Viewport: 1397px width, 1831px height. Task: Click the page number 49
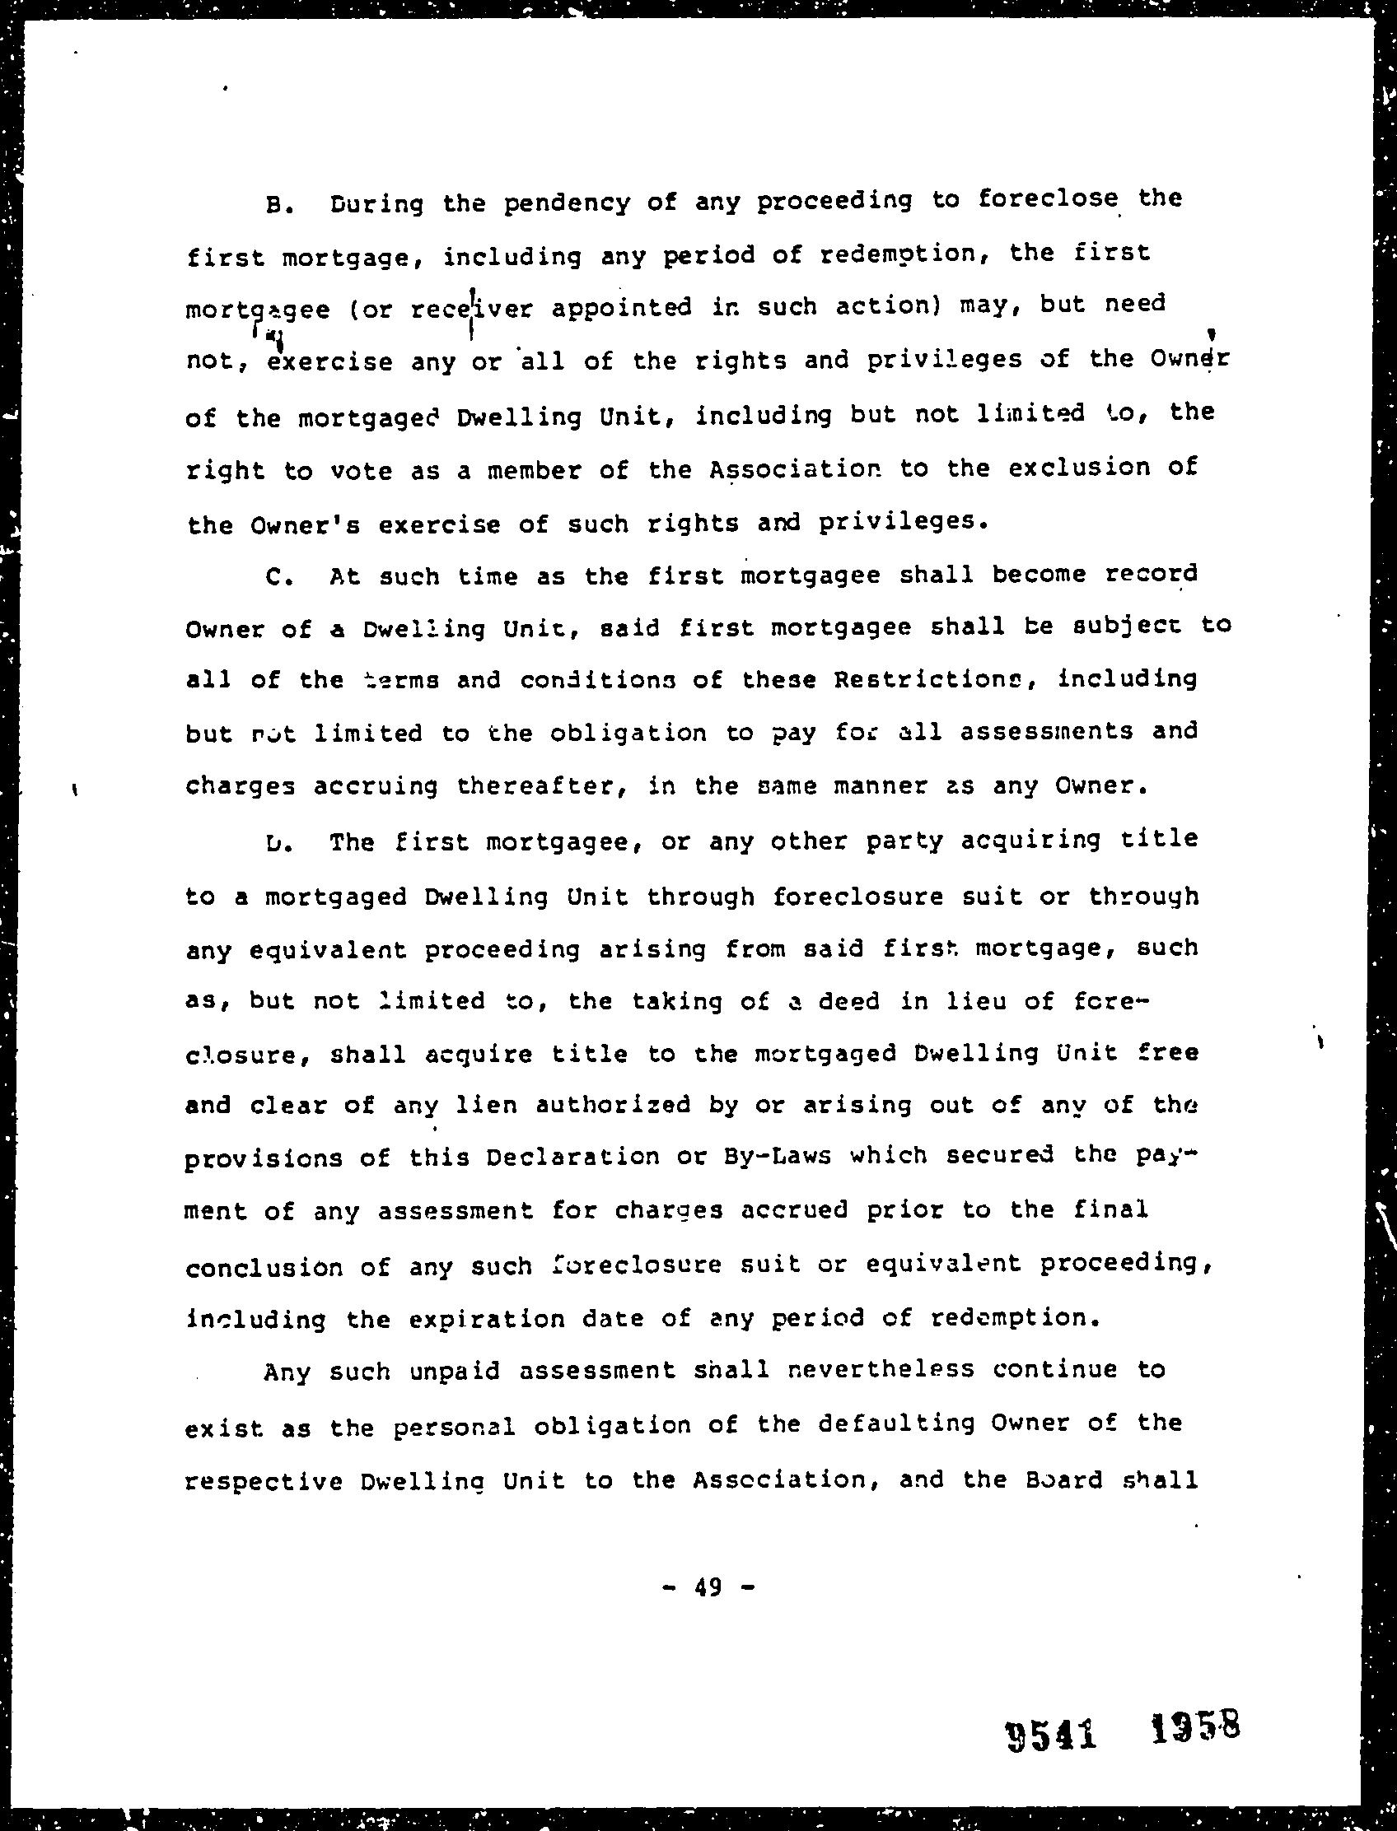coord(709,1588)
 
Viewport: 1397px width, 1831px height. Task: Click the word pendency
coord(566,202)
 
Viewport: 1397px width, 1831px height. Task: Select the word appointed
coord(621,308)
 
